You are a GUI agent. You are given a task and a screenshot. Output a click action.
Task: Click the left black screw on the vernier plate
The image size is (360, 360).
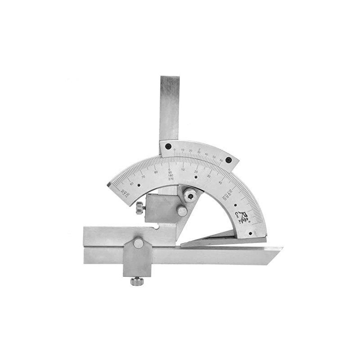168,146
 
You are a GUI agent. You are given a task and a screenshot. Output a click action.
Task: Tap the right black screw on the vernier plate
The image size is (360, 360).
229,160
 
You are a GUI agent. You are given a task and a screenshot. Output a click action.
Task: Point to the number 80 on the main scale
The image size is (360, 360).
156,172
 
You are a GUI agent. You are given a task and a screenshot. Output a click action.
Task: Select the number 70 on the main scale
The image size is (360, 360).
143,176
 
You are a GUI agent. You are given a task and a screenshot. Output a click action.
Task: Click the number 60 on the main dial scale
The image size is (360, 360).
131,183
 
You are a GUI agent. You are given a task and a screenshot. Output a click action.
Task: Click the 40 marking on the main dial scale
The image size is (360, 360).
220,182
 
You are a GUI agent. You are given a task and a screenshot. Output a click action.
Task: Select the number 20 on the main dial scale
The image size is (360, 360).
196,171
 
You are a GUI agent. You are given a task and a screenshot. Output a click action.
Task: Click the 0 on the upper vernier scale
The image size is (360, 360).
175,149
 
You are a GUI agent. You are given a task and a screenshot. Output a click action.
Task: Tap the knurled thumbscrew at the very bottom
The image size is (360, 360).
137,281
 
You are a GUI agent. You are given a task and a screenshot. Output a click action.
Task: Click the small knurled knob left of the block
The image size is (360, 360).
140,207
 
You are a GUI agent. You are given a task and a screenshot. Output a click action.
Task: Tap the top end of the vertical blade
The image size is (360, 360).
170,79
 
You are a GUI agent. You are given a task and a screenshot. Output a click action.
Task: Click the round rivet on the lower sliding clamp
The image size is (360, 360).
138,243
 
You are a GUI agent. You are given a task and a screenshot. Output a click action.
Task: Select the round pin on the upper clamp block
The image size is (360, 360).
182,211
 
